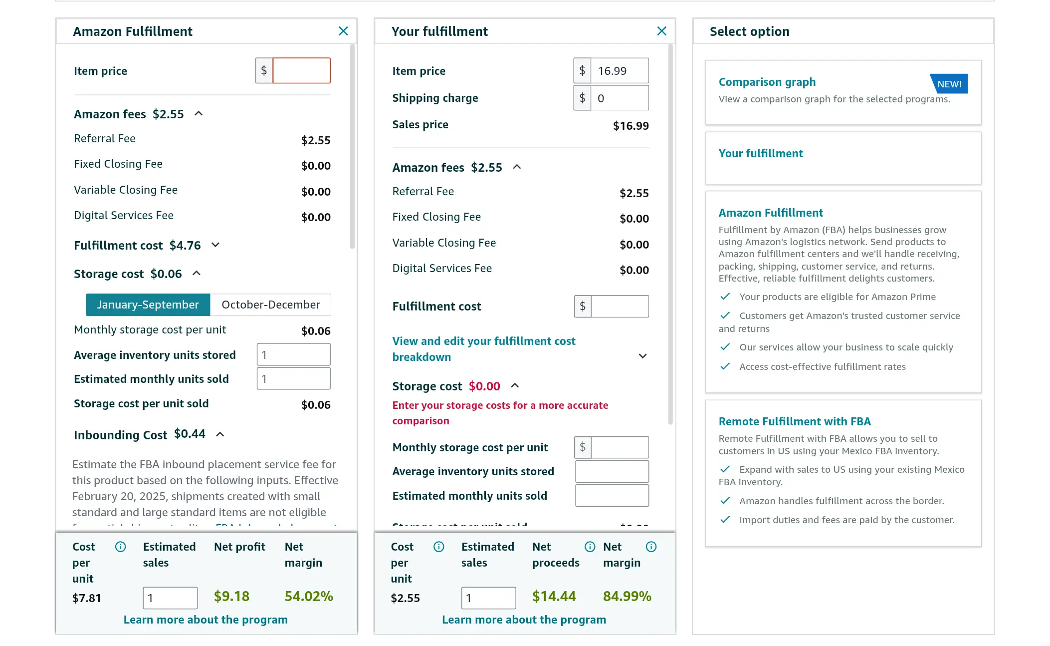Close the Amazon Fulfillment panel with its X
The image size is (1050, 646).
tap(343, 31)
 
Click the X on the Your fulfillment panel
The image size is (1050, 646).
tap(661, 31)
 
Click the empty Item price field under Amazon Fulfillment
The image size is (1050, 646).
tap(301, 70)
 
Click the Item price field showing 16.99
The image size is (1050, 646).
tap(619, 70)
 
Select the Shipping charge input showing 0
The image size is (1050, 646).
tap(619, 98)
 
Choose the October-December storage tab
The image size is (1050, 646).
tap(270, 305)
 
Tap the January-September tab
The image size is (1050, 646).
tap(148, 305)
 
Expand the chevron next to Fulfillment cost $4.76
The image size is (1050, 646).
tap(215, 245)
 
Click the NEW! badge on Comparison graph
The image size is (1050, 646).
tap(949, 84)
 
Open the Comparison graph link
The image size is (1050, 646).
tap(767, 82)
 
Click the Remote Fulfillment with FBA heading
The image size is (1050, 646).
tap(794, 421)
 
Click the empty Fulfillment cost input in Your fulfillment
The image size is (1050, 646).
tap(619, 306)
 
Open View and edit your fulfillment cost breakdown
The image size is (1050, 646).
tap(483, 348)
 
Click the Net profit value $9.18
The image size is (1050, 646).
tap(231, 596)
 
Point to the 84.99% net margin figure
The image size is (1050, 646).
tap(627, 596)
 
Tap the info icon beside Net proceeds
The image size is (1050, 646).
tap(590, 547)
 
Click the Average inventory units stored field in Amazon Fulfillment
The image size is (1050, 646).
tap(293, 355)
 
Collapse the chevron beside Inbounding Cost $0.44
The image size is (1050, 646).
tap(220, 434)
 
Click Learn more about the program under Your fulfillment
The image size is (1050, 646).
tap(524, 620)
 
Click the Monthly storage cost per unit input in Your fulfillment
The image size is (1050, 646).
tap(619, 447)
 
